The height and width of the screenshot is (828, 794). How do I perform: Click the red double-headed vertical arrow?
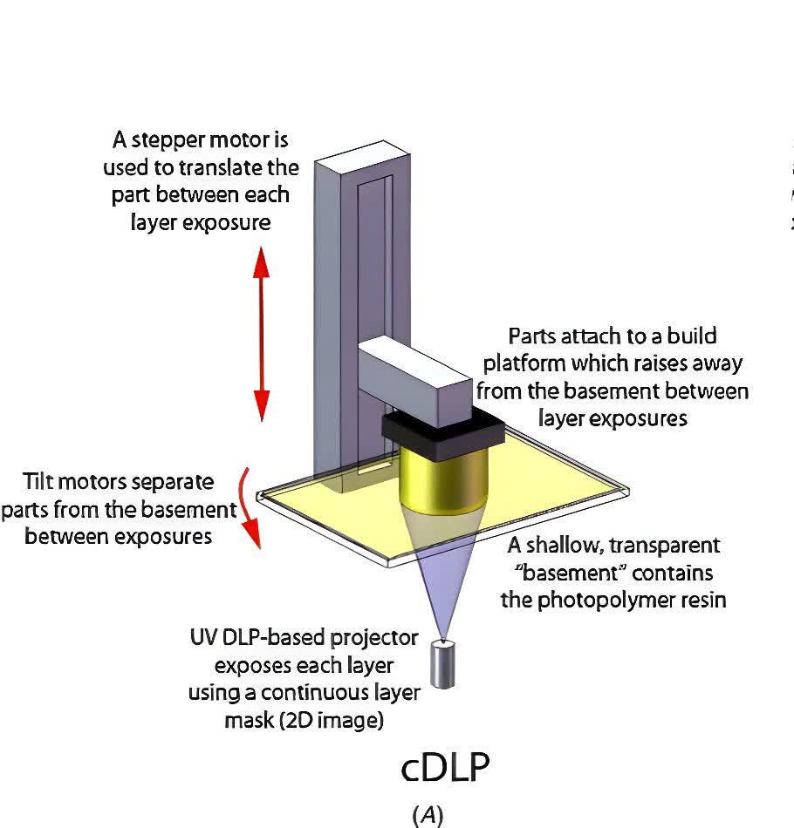(x=262, y=332)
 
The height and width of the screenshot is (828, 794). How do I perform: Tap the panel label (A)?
(x=428, y=815)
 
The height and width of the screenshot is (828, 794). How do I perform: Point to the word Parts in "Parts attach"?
(x=532, y=336)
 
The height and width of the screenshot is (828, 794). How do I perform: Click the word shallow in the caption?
(x=566, y=546)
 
